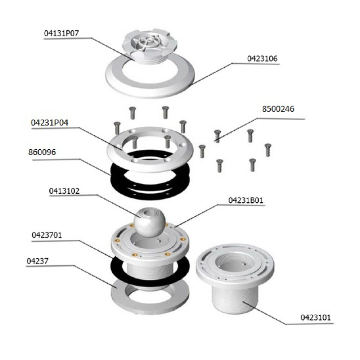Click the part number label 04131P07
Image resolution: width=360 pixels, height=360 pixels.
(61, 33)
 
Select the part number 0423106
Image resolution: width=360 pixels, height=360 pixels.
(262, 59)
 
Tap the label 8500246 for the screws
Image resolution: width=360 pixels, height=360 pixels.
(278, 109)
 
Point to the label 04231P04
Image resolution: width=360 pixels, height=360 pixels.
(50, 123)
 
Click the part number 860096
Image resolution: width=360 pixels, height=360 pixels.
(42, 152)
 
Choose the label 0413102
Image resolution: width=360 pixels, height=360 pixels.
(64, 191)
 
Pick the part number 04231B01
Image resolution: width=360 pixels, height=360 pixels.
(246, 200)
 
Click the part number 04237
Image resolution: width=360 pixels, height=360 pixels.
(37, 261)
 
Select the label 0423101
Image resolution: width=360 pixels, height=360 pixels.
(316, 318)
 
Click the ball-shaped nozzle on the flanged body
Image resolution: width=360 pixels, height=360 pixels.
(149, 222)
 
